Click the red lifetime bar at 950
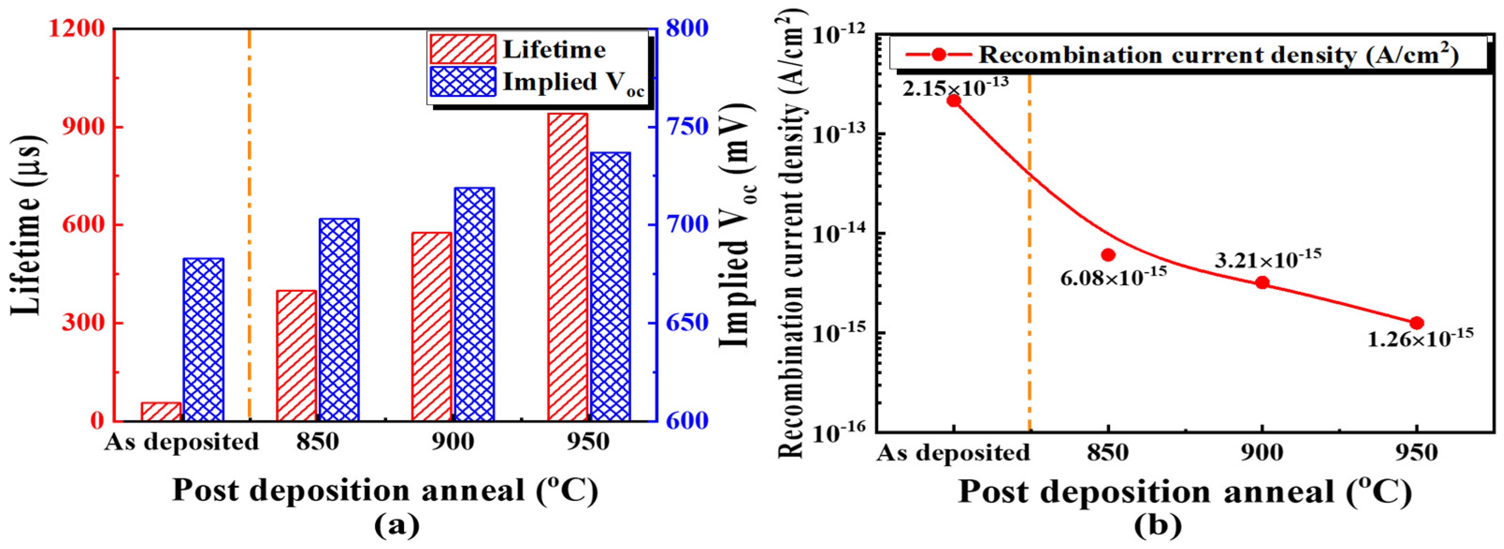tap(568, 267)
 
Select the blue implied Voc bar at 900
tap(474, 304)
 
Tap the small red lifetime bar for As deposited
tap(161, 411)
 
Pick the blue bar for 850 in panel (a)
tap(339, 319)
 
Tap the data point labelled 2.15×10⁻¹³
tap(953, 101)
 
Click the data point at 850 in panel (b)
tap(1108, 255)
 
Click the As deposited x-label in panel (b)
tap(953, 453)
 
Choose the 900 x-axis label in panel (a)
tap(453, 442)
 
